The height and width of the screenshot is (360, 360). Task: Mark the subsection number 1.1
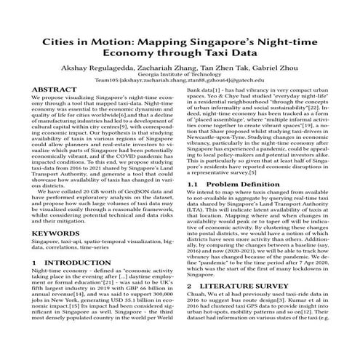[x=193, y=185]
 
